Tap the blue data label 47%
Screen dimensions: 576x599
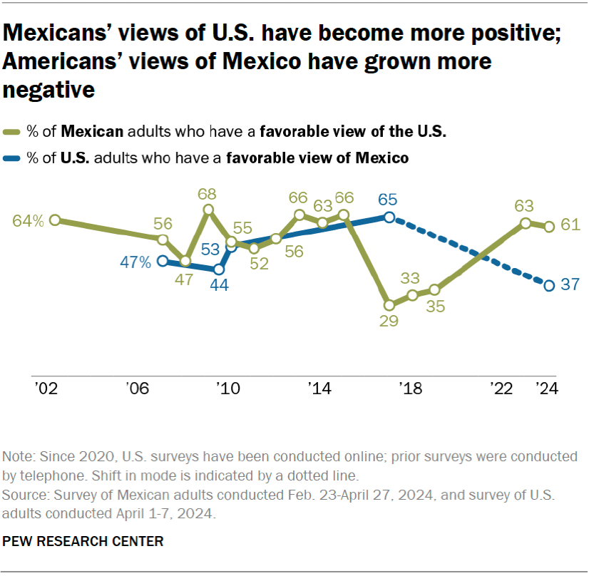click(135, 262)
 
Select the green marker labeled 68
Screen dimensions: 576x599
click(208, 210)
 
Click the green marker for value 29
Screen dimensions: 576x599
click(389, 303)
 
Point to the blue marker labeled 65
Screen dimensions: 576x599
click(389, 217)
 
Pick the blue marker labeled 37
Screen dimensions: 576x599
click(549, 286)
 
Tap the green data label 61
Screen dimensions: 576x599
click(569, 225)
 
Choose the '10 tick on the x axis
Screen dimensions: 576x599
click(228, 389)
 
